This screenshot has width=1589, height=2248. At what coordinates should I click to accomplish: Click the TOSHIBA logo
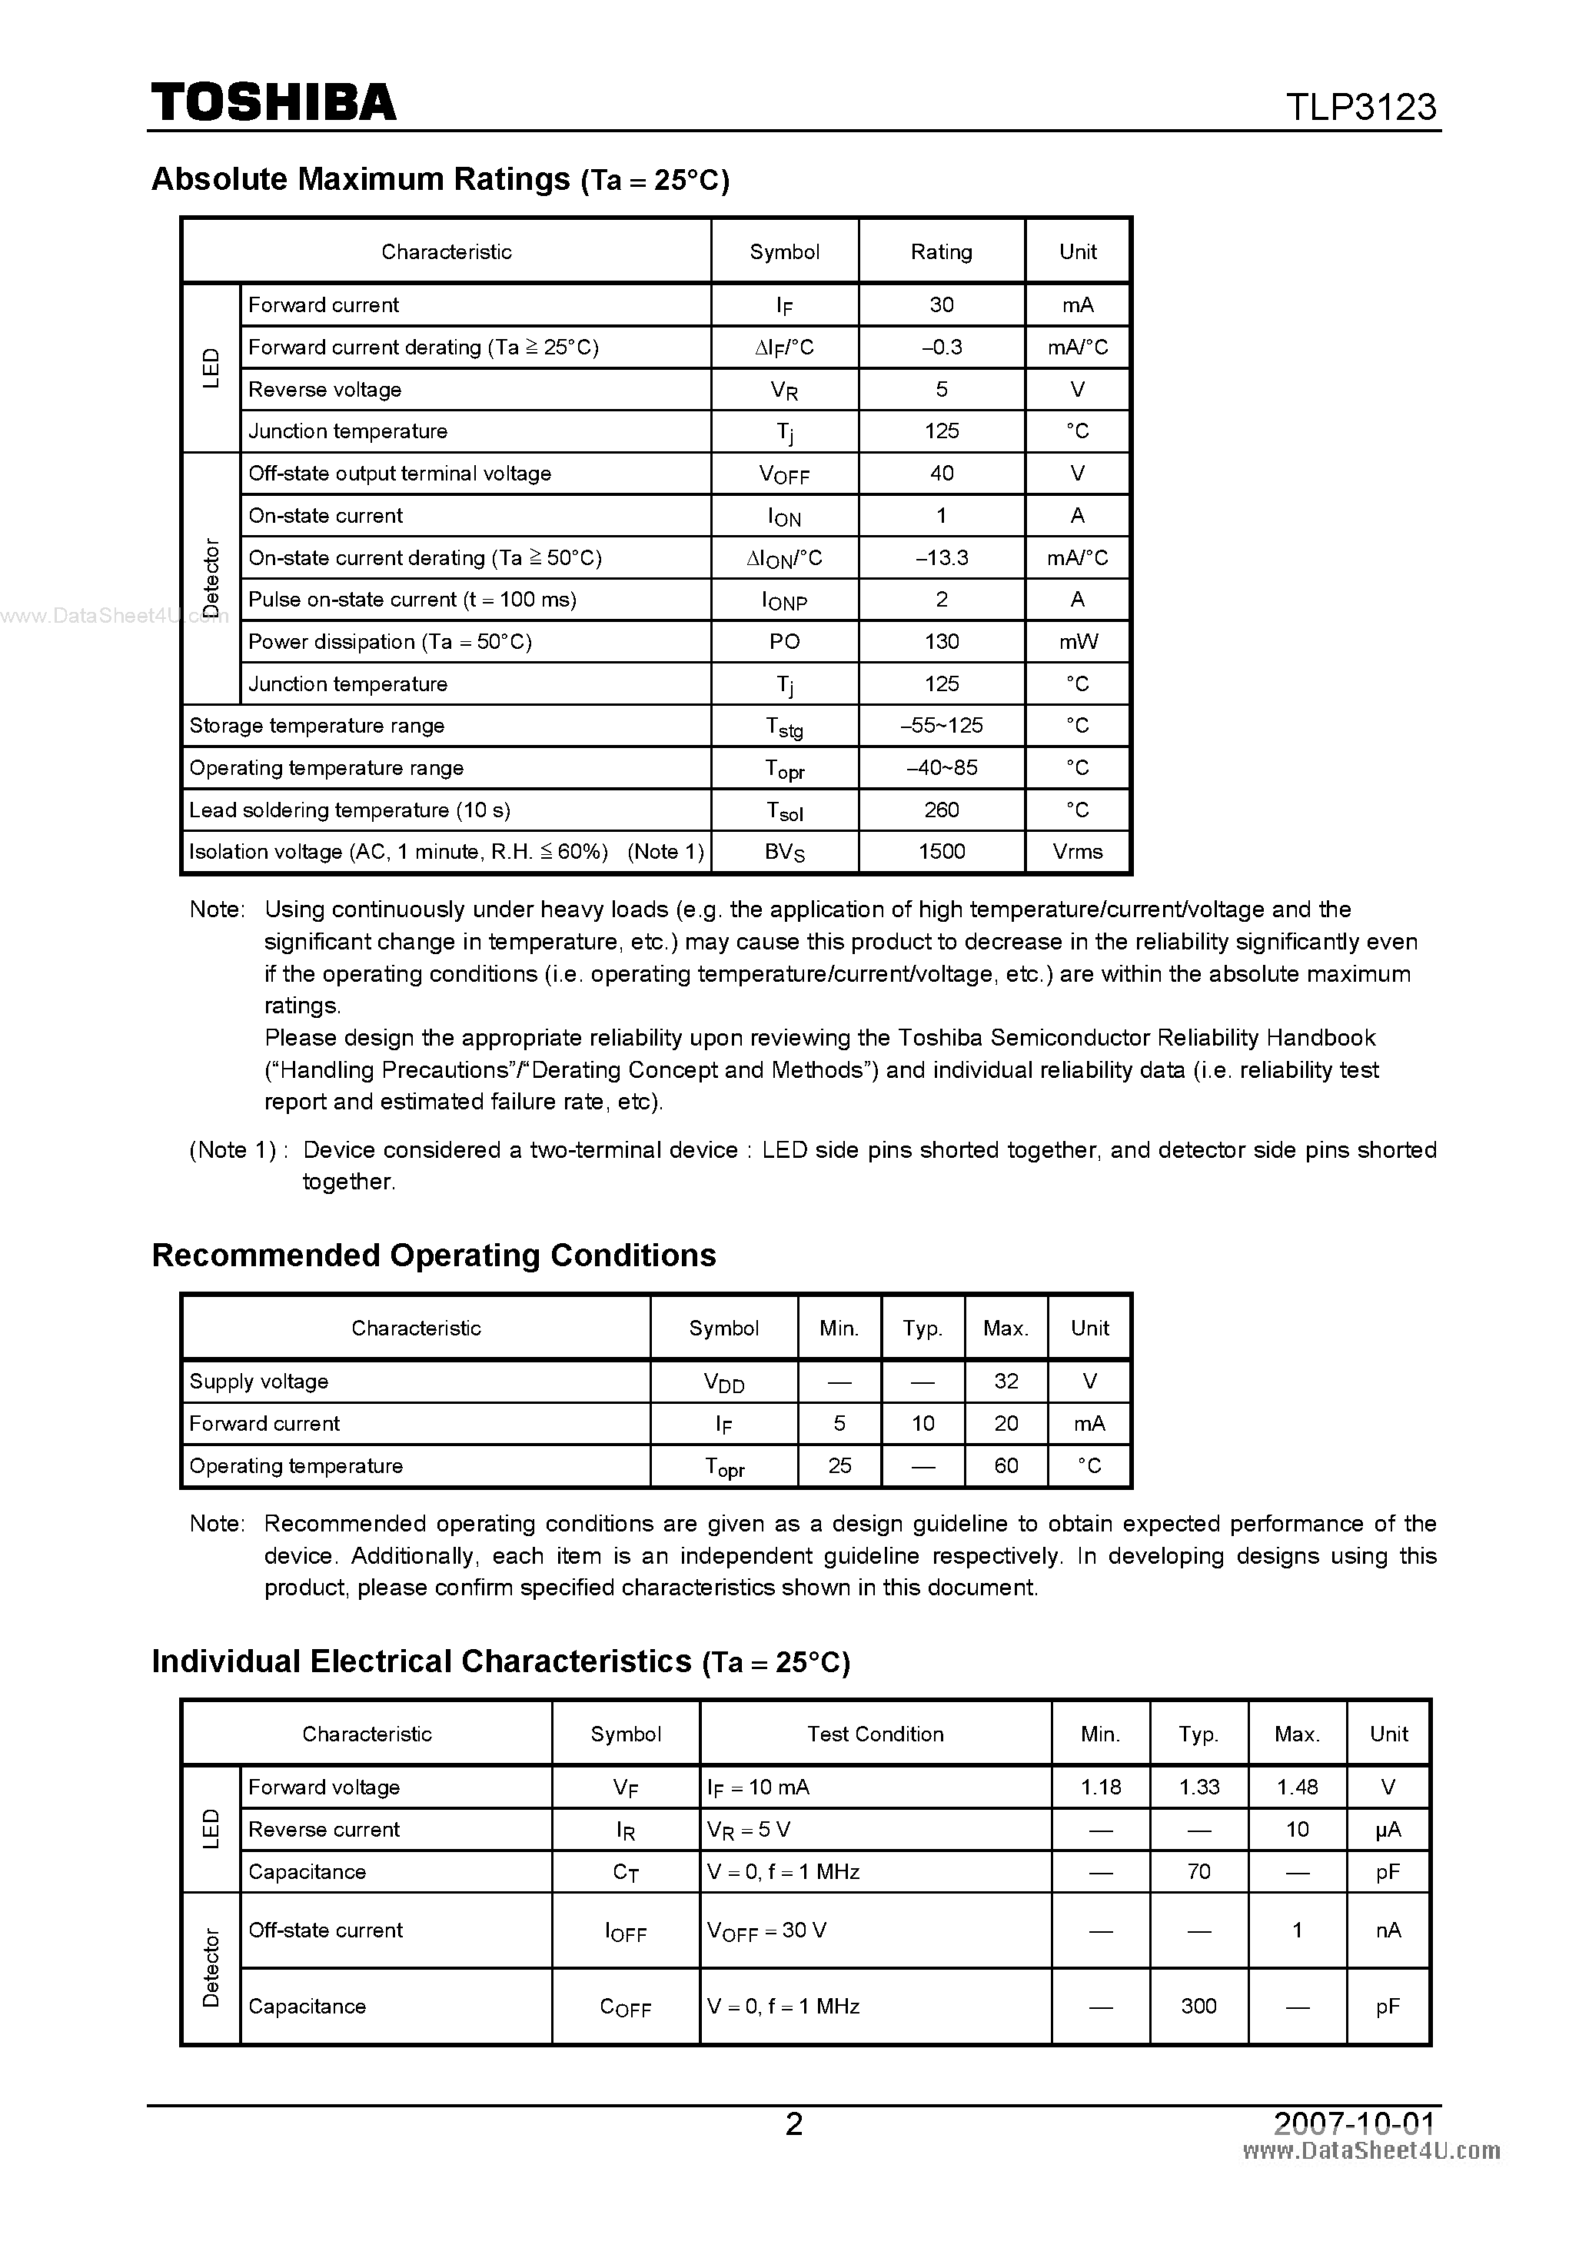pyautogui.click(x=273, y=103)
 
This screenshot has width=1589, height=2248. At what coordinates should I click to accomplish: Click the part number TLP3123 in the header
pyautogui.click(x=1360, y=107)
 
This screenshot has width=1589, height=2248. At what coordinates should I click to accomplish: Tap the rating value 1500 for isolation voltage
pyautogui.click(x=941, y=852)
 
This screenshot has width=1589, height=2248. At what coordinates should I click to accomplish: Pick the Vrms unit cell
pyautogui.click(x=1077, y=852)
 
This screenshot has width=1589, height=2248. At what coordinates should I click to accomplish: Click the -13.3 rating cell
pyautogui.click(x=941, y=558)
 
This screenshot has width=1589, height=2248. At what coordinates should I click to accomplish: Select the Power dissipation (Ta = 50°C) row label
pyautogui.click(x=390, y=642)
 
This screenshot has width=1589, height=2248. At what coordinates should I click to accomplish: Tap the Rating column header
pyautogui.click(x=941, y=251)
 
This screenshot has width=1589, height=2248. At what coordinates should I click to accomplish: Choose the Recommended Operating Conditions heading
pyautogui.click(x=434, y=1255)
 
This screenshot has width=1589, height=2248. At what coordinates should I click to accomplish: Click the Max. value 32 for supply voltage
pyautogui.click(x=1006, y=1382)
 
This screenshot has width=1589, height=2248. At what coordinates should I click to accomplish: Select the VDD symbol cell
pyautogui.click(x=723, y=1382)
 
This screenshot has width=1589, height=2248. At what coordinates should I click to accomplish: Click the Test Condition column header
pyautogui.click(x=876, y=1734)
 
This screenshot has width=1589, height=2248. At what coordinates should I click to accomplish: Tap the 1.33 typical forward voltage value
pyautogui.click(x=1198, y=1787)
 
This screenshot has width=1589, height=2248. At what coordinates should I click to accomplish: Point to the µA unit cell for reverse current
pyautogui.click(x=1388, y=1829)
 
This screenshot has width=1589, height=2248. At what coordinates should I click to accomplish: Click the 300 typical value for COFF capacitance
pyautogui.click(x=1198, y=2006)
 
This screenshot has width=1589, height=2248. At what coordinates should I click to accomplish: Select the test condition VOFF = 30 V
pyautogui.click(x=766, y=1930)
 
